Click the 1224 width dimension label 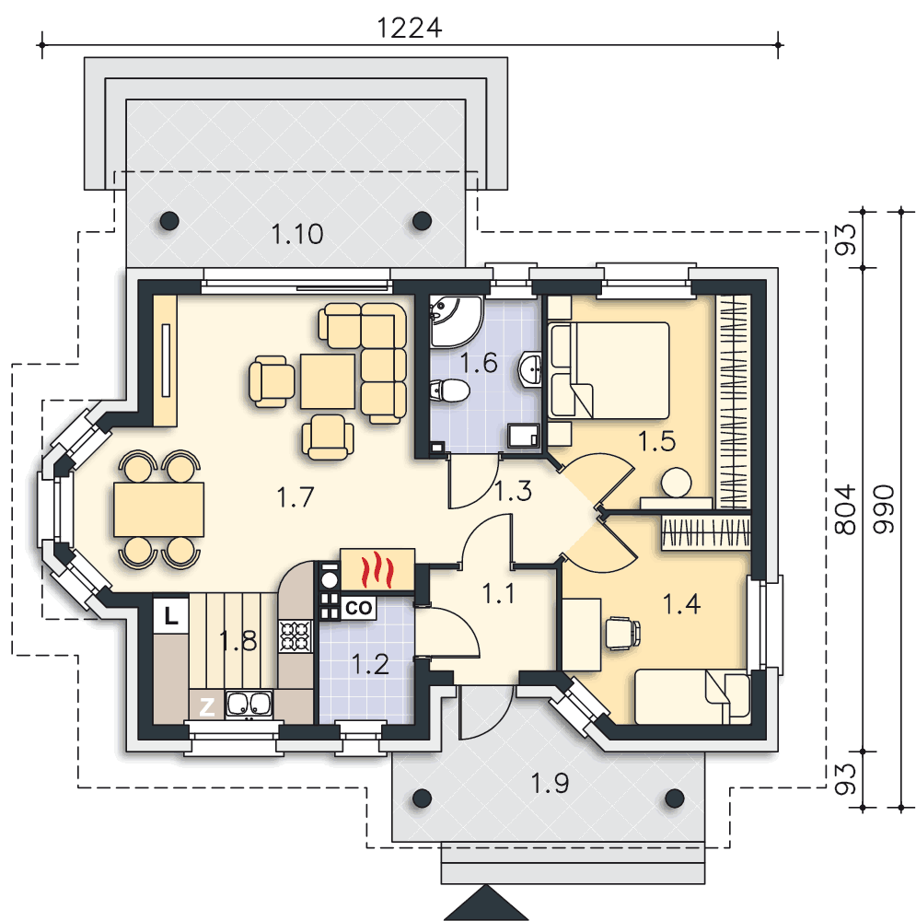pyautogui.click(x=410, y=28)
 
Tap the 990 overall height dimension pyautogui.click(x=884, y=509)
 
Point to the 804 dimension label pyautogui.click(x=845, y=510)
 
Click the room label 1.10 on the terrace pyautogui.click(x=297, y=234)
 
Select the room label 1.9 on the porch pyautogui.click(x=550, y=784)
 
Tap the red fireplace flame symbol pyautogui.click(x=377, y=570)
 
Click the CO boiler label pyautogui.click(x=358, y=608)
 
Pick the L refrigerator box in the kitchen pyautogui.click(x=171, y=615)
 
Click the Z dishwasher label pyautogui.click(x=207, y=706)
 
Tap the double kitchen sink pyautogui.click(x=249, y=704)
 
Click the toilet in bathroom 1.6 pyautogui.click(x=449, y=390)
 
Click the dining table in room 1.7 pyautogui.click(x=158, y=510)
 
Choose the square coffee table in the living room pyautogui.click(x=328, y=381)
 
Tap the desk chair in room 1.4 pyautogui.click(x=622, y=634)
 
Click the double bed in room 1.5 pyautogui.click(x=609, y=370)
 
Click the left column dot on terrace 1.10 pyautogui.click(x=169, y=221)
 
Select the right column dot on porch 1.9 pyautogui.click(x=675, y=799)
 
